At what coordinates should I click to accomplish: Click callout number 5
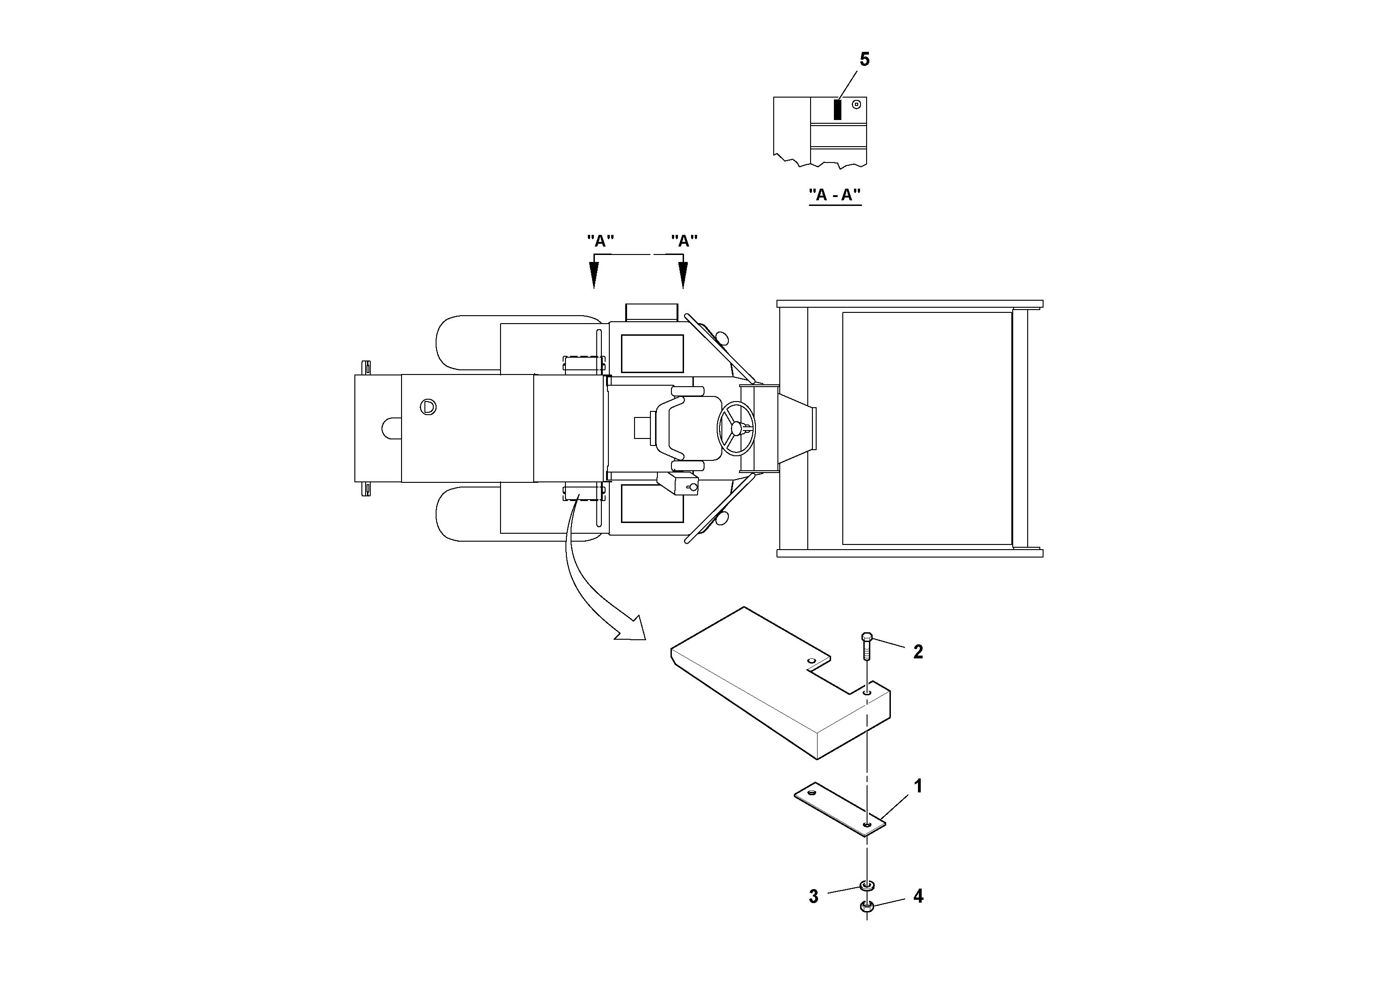pos(865,60)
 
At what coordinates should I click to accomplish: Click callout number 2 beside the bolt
pos(918,652)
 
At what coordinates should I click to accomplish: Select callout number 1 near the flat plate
pos(918,786)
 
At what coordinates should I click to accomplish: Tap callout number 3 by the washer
pos(814,897)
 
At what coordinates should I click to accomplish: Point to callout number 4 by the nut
pos(918,897)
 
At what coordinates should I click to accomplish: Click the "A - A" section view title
pos(835,195)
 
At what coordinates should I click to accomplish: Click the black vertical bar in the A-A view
pos(838,109)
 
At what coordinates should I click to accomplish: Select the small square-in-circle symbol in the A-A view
pos(856,104)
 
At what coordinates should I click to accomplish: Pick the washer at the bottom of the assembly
pos(867,886)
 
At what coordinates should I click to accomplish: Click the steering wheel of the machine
pos(736,428)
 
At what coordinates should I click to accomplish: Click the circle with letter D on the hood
pos(429,407)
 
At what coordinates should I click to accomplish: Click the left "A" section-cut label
pos(600,241)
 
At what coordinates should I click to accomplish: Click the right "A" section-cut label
pos(684,241)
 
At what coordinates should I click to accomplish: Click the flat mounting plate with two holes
pos(839,811)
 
